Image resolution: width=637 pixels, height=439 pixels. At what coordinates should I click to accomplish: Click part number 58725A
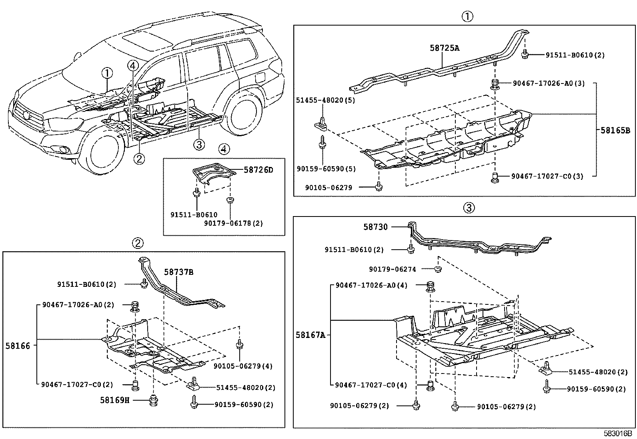(445, 48)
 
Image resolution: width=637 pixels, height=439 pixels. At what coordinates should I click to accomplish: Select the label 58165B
(615, 130)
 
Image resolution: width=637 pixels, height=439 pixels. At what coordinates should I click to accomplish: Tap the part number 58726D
(258, 170)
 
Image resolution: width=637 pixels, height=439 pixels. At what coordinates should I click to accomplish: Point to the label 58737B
(179, 272)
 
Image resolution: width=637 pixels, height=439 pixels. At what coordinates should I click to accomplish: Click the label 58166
(18, 346)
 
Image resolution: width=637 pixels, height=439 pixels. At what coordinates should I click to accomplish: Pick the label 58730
(375, 227)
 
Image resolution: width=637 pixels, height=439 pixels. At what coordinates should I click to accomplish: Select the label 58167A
(310, 335)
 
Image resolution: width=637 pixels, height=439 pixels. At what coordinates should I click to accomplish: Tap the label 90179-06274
(392, 270)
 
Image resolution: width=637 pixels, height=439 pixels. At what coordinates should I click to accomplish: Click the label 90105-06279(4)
(237, 366)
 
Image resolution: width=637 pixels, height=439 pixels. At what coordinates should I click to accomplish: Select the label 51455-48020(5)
(320, 101)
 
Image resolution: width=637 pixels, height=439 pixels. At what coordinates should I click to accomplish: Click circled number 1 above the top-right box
(467, 16)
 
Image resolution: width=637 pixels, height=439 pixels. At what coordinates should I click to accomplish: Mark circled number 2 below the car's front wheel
(139, 159)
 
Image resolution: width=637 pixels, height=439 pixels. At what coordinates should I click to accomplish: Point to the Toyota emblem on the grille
(26, 115)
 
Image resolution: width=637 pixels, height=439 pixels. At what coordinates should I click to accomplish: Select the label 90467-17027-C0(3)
(547, 176)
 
